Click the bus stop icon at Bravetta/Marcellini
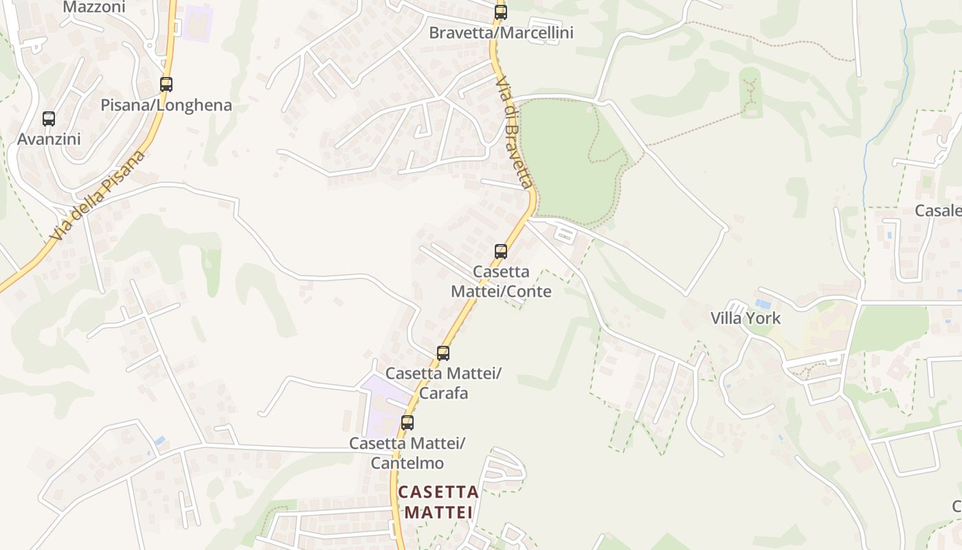501,12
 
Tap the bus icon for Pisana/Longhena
166,85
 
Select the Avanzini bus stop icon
49,118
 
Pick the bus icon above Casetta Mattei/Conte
501,252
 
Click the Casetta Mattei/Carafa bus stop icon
443,353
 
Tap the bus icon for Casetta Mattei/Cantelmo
407,423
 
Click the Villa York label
746,318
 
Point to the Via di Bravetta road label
514,132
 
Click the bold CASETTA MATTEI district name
438,502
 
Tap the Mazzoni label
94,8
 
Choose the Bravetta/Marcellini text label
501,33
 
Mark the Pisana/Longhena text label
166,106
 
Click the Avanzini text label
49,139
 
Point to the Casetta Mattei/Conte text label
501,281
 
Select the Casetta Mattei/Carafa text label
443,383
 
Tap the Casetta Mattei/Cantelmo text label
407,453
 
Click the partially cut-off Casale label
939,211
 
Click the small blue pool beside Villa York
763,303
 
